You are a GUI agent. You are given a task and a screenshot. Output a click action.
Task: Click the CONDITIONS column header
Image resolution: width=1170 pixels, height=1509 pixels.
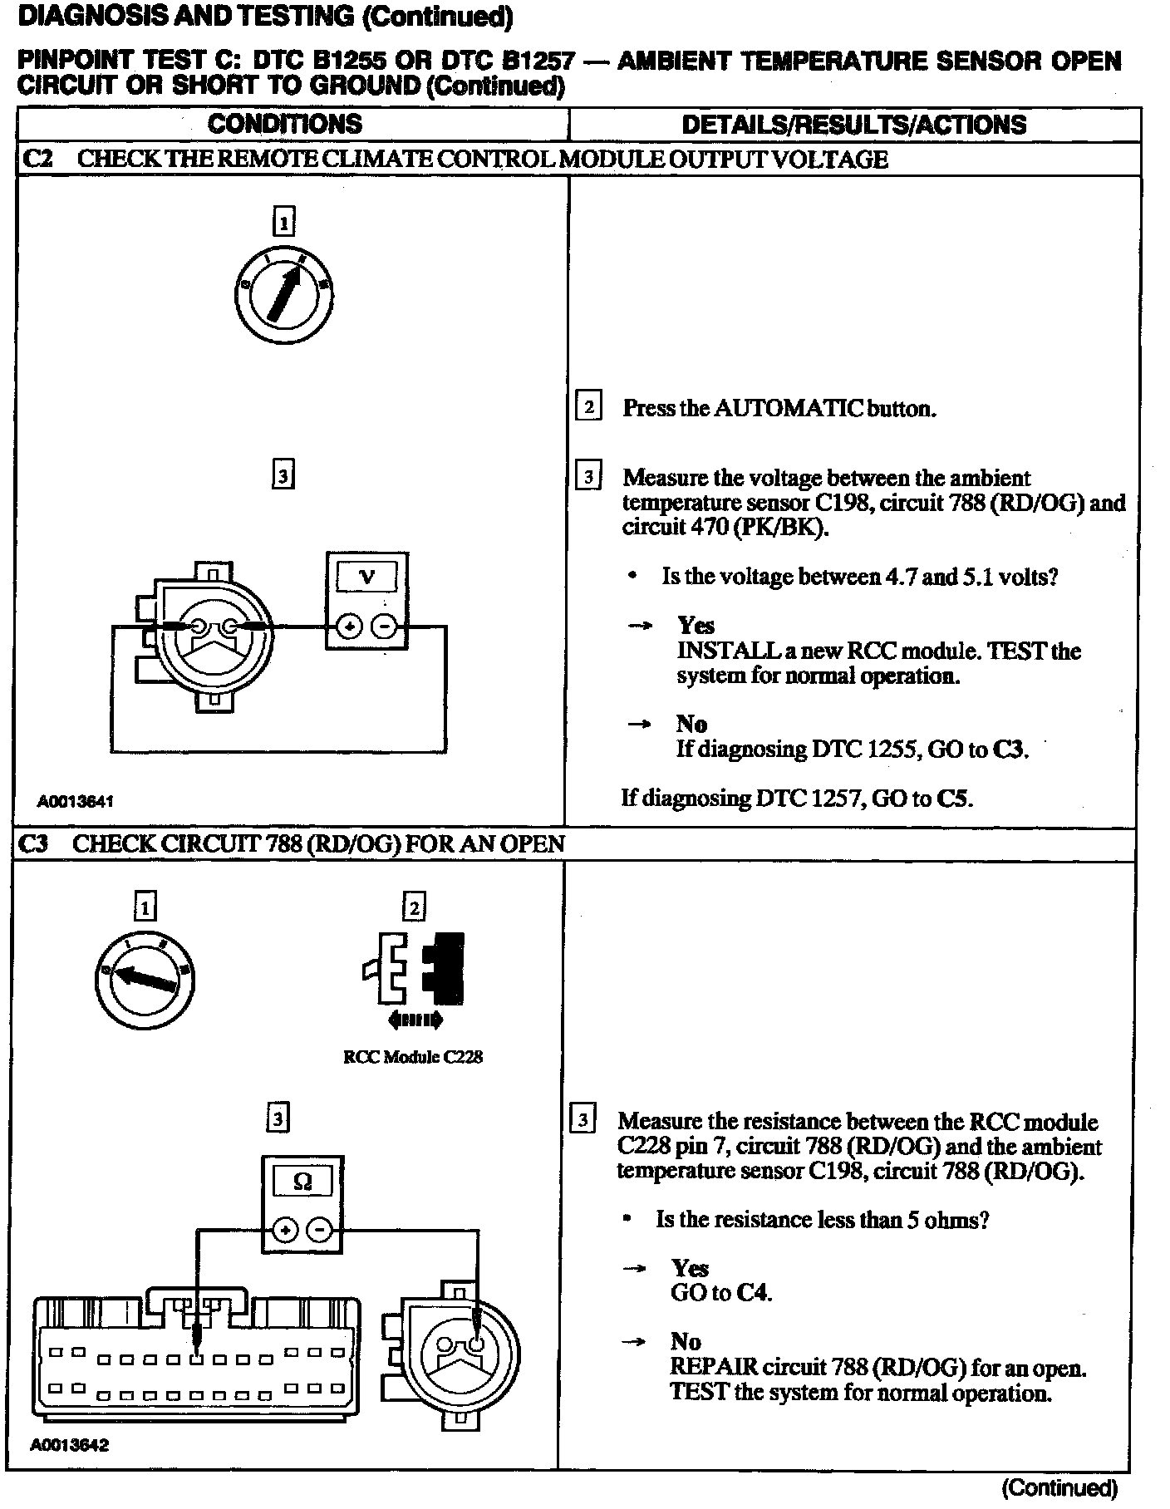click(285, 125)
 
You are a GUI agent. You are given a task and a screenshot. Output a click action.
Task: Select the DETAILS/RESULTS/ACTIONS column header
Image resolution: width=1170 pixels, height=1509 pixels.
click(853, 125)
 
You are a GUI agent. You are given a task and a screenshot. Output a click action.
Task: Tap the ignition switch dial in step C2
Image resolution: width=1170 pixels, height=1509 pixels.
click(283, 295)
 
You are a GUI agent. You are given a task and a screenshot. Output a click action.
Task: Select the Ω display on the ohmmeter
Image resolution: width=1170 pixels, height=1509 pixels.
click(302, 1181)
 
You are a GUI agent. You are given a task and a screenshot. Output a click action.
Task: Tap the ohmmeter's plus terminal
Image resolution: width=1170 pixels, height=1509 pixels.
click(285, 1231)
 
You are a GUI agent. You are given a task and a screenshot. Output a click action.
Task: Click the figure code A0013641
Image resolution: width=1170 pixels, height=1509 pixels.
click(75, 802)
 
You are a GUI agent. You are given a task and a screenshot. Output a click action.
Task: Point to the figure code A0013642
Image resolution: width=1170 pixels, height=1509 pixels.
click(70, 1444)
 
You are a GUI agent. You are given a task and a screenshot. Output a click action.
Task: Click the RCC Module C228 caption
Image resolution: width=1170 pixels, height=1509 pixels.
click(413, 1057)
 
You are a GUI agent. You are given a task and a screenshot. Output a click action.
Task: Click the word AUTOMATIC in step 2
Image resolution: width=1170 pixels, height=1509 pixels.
click(787, 408)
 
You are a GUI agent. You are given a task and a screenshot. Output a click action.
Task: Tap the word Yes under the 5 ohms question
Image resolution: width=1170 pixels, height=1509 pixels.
click(690, 1268)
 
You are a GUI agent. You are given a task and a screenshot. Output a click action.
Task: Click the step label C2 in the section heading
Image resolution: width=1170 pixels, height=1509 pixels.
click(37, 159)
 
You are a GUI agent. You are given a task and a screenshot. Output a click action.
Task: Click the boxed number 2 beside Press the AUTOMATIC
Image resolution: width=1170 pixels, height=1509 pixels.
click(588, 407)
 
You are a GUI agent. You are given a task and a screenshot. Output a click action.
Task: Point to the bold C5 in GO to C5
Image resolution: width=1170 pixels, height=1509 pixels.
click(955, 799)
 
